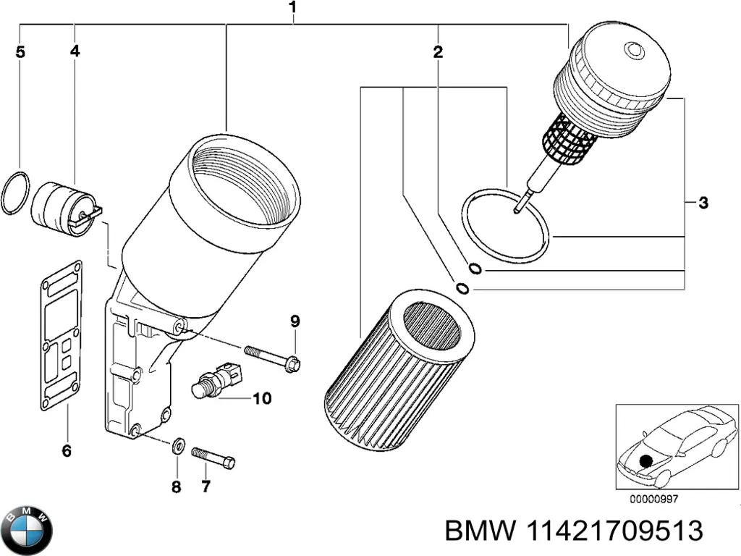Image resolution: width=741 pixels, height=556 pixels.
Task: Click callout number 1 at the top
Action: [x=292, y=7]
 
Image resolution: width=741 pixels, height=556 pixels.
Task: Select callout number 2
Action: [x=438, y=52]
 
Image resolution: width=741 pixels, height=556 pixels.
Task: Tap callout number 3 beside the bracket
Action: [x=703, y=203]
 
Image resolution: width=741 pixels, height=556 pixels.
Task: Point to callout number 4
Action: [x=75, y=51]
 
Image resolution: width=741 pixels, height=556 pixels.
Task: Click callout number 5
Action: [x=20, y=51]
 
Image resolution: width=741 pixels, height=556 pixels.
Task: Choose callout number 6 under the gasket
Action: [x=67, y=450]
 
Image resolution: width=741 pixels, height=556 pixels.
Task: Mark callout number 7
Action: [x=206, y=486]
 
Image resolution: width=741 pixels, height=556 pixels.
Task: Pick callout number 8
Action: [x=177, y=486]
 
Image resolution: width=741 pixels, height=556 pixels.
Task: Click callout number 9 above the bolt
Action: [x=295, y=321]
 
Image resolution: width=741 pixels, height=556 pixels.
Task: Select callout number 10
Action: [x=262, y=399]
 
